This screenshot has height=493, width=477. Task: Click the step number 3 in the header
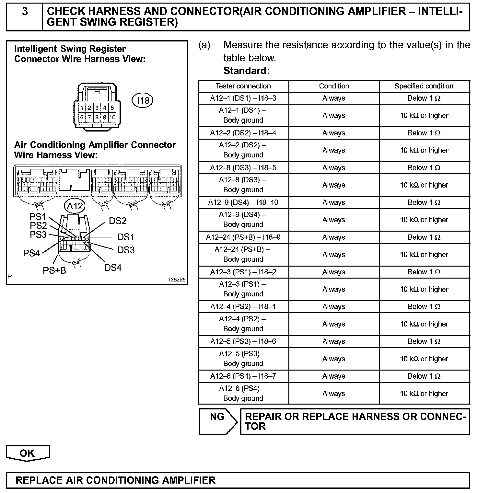(25, 12)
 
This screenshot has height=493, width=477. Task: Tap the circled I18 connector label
(143, 100)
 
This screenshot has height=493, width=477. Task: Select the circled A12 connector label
(75, 206)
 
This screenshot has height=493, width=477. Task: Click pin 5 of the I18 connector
(112, 108)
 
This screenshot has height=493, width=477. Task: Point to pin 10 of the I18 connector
(112, 117)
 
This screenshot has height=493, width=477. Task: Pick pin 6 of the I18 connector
(82, 117)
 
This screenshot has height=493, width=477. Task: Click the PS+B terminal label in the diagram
(54, 270)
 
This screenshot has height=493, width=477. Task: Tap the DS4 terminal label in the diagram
(113, 268)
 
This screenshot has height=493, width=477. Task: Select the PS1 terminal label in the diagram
(38, 217)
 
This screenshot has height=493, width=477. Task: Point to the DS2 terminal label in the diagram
(117, 221)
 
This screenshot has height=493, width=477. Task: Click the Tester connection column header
(243, 86)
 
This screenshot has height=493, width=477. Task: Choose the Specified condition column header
(424, 86)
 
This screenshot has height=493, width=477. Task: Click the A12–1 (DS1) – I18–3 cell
(243, 98)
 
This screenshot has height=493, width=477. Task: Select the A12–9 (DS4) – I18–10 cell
(243, 202)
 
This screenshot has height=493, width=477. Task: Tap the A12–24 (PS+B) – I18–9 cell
(243, 237)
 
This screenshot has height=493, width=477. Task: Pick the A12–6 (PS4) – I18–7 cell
(243, 376)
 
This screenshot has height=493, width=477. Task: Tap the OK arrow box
(28, 453)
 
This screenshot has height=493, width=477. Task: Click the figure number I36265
(177, 280)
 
